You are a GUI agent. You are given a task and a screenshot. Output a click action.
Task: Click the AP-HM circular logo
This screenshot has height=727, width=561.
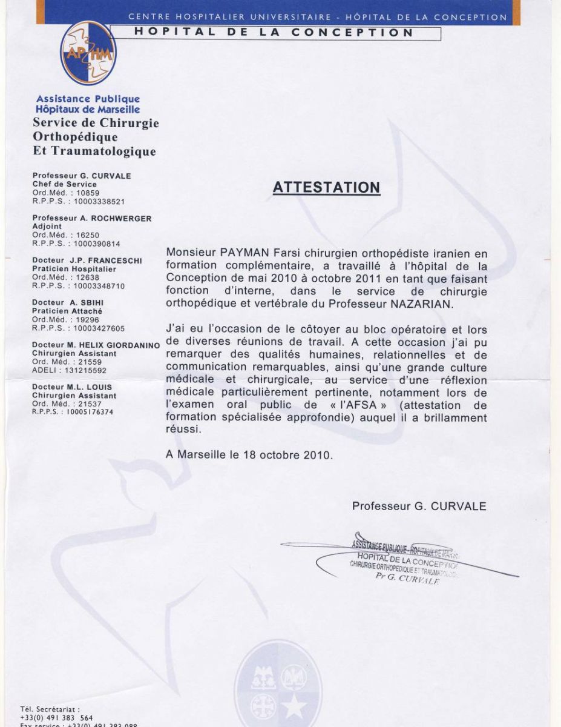coord(88,53)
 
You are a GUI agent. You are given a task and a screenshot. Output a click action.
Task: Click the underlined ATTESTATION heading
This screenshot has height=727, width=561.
coord(326,187)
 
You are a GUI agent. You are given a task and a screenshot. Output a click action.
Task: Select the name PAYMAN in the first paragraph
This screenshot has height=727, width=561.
coord(234,253)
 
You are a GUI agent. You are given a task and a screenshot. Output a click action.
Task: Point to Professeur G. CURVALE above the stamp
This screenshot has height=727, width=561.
coord(419,506)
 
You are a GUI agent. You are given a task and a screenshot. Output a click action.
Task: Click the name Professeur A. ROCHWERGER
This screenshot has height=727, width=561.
coord(92,218)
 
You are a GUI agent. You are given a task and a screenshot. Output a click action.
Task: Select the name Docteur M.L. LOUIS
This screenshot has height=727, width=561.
coord(72,387)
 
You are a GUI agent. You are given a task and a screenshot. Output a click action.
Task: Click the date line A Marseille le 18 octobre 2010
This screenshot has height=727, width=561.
coord(249,455)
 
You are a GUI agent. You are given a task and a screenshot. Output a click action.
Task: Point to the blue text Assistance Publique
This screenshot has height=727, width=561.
coord(88,99)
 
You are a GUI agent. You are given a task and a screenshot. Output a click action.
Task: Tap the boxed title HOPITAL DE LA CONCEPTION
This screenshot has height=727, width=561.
coord(274,33)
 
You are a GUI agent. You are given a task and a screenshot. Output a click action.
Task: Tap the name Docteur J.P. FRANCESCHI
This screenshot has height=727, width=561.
coord(87,261)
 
